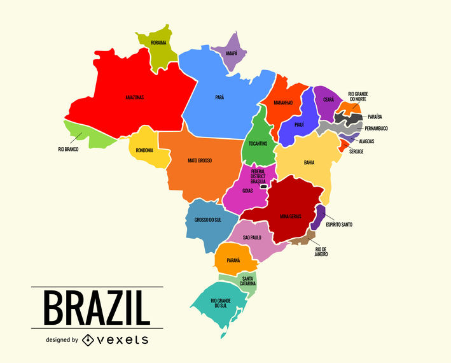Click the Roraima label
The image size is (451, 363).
point(158,43)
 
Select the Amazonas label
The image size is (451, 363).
point(134,97)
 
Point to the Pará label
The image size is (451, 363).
point(219,97)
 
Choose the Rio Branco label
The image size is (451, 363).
point(68,149)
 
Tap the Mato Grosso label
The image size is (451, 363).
point(200,160)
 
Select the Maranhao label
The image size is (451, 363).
point(283,102)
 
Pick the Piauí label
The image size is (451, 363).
point(299,124)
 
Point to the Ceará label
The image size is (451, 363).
point(328,99)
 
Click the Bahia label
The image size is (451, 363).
point(309,162)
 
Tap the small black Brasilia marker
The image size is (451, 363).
point(262,186)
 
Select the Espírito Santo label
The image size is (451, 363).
point(338,224)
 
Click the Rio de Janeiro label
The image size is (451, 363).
point(321,252)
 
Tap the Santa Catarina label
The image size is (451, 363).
point(248,281)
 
